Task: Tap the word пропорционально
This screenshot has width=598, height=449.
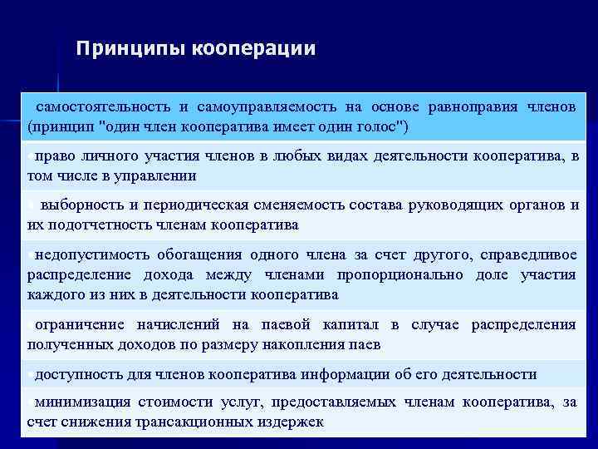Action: click(x=397, y=274)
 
